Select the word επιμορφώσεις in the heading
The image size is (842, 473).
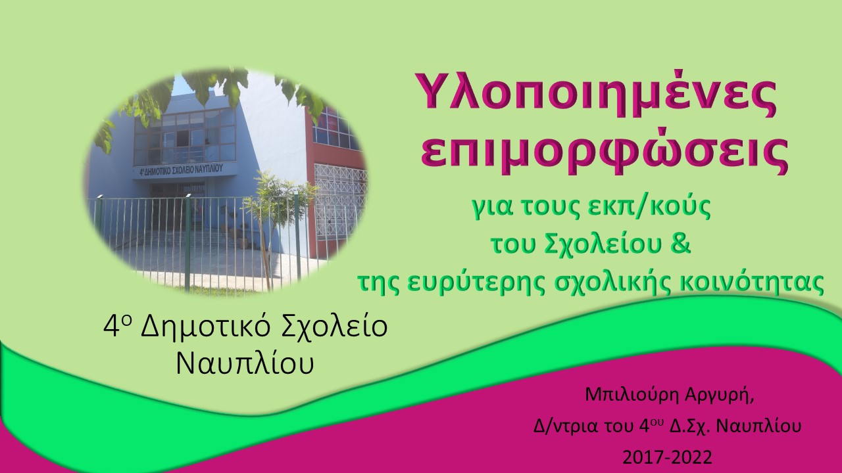point(604,156)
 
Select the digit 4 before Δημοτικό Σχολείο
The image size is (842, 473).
point(109,328)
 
